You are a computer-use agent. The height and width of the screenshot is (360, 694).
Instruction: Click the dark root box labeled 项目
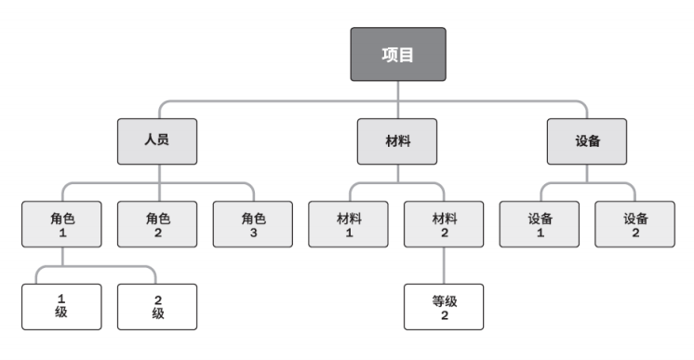[x=398, y=53]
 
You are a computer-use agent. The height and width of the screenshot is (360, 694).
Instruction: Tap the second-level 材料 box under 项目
[x=397, y=140]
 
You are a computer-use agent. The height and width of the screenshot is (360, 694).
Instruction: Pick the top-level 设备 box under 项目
[x=587, y=140]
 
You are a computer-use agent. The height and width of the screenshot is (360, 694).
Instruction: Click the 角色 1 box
[x=62, y=224]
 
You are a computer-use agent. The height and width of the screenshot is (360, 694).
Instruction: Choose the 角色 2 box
[x=158, y=224]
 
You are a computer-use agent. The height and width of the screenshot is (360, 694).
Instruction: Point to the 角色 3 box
[x=254, y=224]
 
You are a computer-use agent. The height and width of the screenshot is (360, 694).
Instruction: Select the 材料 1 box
[x=349, y=224]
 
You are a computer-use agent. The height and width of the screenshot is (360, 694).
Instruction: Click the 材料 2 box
[x=445, y=224]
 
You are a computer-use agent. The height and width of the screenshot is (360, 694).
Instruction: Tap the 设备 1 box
[x=541, y=224]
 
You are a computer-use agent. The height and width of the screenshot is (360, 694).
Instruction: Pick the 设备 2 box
[x=635, y=224]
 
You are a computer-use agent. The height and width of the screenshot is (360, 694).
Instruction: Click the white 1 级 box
[x=62, y=306]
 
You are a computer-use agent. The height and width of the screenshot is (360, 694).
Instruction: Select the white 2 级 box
[x=158, y=306]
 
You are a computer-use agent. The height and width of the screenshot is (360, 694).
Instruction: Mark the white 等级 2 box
[x=445, y=306]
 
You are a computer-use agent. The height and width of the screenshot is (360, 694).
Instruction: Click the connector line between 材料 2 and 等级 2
[x=445, y=265]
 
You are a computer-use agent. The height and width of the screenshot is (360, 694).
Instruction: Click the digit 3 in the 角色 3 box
[x=254, y=233]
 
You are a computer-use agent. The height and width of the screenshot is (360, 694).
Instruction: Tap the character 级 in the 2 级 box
[x=158, y=314]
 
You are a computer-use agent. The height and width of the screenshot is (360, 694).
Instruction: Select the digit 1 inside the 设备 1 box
[x=541, y=233]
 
